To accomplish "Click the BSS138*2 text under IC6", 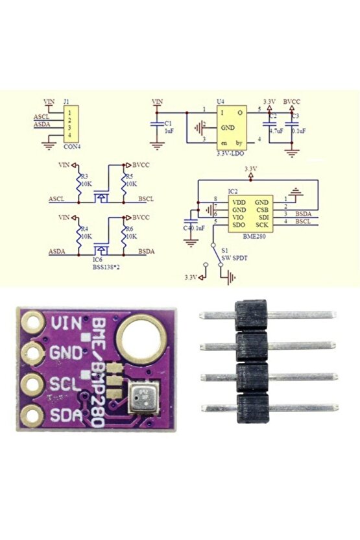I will pyautogui.click(x=102, y=265).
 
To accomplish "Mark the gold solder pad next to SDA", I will pyautogui.click(x=30, y=413).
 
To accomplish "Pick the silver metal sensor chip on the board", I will pyautogui.click(x=144, y=397).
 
